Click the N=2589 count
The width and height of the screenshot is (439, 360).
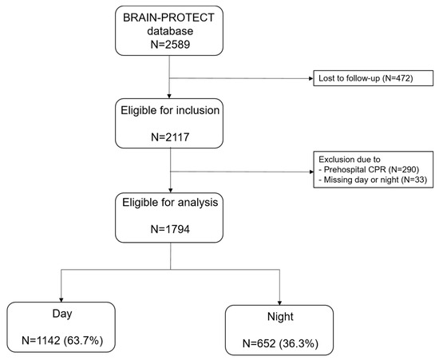point(170,44)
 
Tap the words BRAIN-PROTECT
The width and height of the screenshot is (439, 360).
point(169,18)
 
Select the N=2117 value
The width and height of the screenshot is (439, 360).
point(170,137)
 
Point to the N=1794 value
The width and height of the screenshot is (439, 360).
point(170,229)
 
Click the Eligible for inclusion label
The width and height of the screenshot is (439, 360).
point(170,111)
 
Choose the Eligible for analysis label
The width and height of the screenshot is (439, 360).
point(170,202)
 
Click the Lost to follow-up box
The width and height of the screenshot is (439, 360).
point(373,78)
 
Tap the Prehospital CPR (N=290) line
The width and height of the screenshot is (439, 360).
point(369,170)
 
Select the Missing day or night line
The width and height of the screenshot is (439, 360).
point(373,180)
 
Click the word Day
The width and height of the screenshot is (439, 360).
point(62,314)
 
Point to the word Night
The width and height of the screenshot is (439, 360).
point(280,317)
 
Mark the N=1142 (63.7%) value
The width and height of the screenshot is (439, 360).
point(62,341)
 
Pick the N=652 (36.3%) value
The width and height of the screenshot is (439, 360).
point(280,343)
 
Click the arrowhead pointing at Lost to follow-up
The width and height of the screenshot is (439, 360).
point(310,79)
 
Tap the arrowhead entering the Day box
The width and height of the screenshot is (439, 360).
point(61,300)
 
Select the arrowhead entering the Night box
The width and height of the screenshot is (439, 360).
point(279,303)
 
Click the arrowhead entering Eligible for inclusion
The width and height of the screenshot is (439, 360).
point(169,96)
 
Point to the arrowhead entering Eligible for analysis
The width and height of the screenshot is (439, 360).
point(171,190)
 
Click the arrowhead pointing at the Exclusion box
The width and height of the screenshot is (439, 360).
point(311,172)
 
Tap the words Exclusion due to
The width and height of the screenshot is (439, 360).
point(350,160)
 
